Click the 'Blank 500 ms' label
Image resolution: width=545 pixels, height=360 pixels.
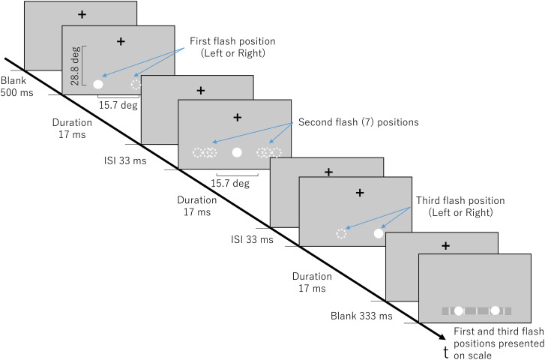[13, 86]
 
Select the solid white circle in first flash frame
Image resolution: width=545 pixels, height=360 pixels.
[98, 84]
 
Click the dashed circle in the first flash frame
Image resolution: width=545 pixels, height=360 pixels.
[136, 84]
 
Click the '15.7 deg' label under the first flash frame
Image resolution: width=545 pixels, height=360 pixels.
[118, 105]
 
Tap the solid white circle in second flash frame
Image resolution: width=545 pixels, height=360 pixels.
[237, 152]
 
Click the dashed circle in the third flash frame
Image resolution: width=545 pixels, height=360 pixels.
[342, 233]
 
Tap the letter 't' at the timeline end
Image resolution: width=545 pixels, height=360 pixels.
[447, 352]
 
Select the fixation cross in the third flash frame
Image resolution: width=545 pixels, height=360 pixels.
[359, 193]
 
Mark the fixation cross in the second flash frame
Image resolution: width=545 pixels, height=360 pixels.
[238, 117]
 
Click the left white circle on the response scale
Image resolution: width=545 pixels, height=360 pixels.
[458, 310]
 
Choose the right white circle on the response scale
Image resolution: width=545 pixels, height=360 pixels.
[495, 310]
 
